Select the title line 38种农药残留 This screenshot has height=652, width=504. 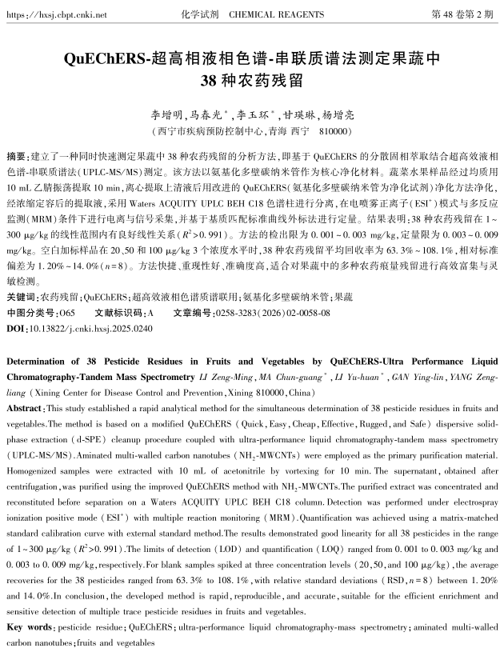(252, 81)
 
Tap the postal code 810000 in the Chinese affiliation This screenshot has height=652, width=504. (334, 130)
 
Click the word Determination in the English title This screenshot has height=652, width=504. (39, 361)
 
